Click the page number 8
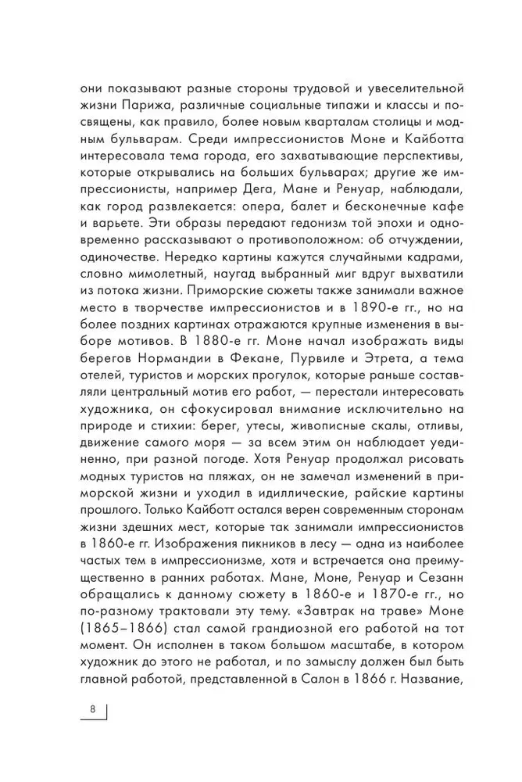tap(92, 709)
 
